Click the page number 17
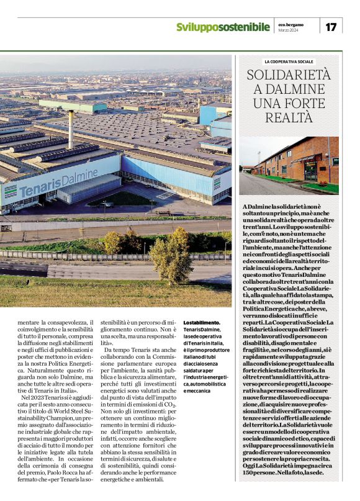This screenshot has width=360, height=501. click(331, 27)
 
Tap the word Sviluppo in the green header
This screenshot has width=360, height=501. click(198, 27)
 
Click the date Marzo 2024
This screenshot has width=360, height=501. click(287, 30)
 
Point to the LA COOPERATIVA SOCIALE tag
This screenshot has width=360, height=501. click(289, 62)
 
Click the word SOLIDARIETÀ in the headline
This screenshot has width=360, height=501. click(289, 76)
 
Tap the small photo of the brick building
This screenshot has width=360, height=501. click(289, 164)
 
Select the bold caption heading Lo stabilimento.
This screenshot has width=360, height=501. click(202, 322)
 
